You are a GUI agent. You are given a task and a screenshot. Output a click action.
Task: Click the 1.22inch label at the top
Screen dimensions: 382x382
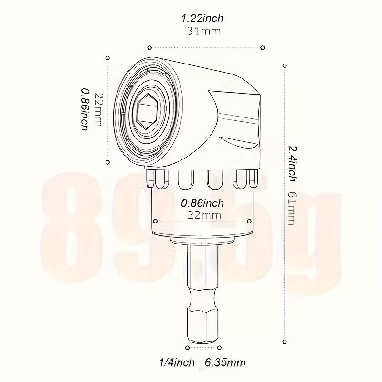click(202, 19)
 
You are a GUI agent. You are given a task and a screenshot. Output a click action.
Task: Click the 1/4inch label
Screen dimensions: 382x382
click(176, 362)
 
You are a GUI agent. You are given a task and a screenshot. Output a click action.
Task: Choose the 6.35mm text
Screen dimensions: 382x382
click(225, 362)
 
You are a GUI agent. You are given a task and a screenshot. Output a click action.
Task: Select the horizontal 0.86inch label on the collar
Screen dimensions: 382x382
click(202, 203)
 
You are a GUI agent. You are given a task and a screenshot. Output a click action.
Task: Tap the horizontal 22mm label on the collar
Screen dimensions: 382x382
click(203, 215)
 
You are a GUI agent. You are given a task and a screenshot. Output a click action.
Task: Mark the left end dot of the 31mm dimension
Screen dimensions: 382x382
click(149, 47)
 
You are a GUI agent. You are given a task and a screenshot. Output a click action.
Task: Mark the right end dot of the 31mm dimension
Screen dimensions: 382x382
click(263, 47)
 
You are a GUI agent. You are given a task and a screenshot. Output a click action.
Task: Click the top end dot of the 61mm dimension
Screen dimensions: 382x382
click(285, 65)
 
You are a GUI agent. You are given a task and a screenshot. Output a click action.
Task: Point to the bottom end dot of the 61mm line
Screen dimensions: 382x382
click(285, 341)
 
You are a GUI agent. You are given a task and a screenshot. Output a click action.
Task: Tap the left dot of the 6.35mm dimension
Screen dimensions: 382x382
click(186, 347)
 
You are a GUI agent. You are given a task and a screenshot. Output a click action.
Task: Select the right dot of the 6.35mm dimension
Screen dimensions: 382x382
click(220, 347)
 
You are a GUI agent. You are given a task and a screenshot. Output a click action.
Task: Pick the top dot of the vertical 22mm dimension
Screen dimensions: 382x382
click(107, 57)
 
